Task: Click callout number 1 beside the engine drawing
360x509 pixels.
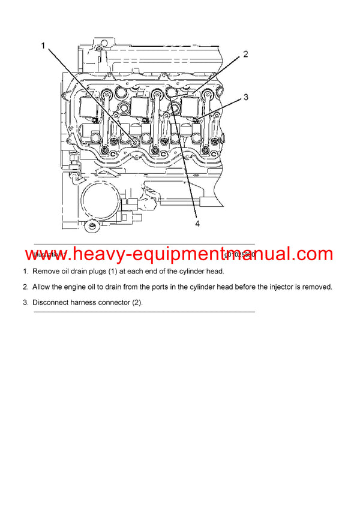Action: point(43,46)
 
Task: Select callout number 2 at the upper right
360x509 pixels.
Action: point(245,55)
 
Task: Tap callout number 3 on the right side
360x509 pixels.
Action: point(246,96)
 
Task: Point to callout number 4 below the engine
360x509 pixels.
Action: point(196,224)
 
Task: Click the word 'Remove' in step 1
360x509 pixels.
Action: point(47,271)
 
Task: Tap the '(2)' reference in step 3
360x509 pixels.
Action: point(137,303)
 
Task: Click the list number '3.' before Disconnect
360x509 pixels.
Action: point(26,303)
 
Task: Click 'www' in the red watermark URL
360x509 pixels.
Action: point(47,255)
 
